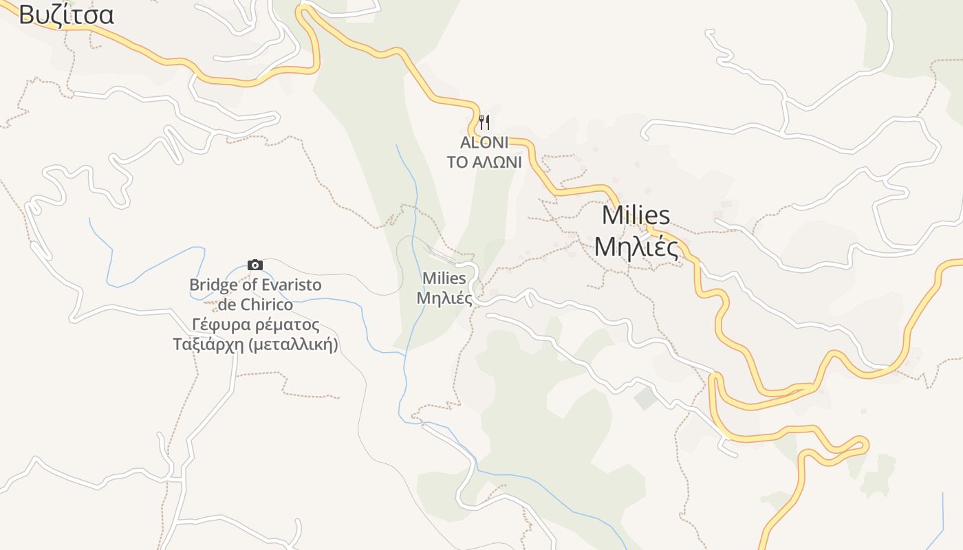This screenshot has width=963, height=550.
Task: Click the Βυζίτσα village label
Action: [x=66, y=15]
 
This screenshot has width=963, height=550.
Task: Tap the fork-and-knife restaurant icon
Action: [x=484, y=123]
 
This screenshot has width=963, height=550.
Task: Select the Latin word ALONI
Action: [x=484, y=143]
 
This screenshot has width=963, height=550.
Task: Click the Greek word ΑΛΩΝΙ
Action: [x=497, y=162]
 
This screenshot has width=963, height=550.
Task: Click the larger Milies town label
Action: [x=636, y=215]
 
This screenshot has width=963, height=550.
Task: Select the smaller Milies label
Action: [x=444, y=278]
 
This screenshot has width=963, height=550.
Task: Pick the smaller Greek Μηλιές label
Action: [x=444, y=299]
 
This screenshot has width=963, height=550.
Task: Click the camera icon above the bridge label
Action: [x=255, y=265]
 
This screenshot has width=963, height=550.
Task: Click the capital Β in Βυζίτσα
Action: [x=26, y=15]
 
